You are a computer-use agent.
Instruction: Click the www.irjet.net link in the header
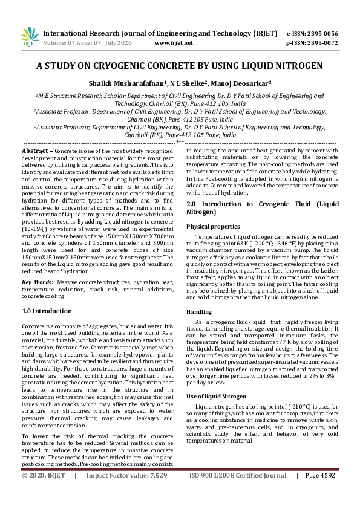click(x=174, y=43)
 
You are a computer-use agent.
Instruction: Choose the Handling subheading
click(x=199, y=311)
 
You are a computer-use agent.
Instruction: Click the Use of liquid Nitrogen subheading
click(x=212, y=396)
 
